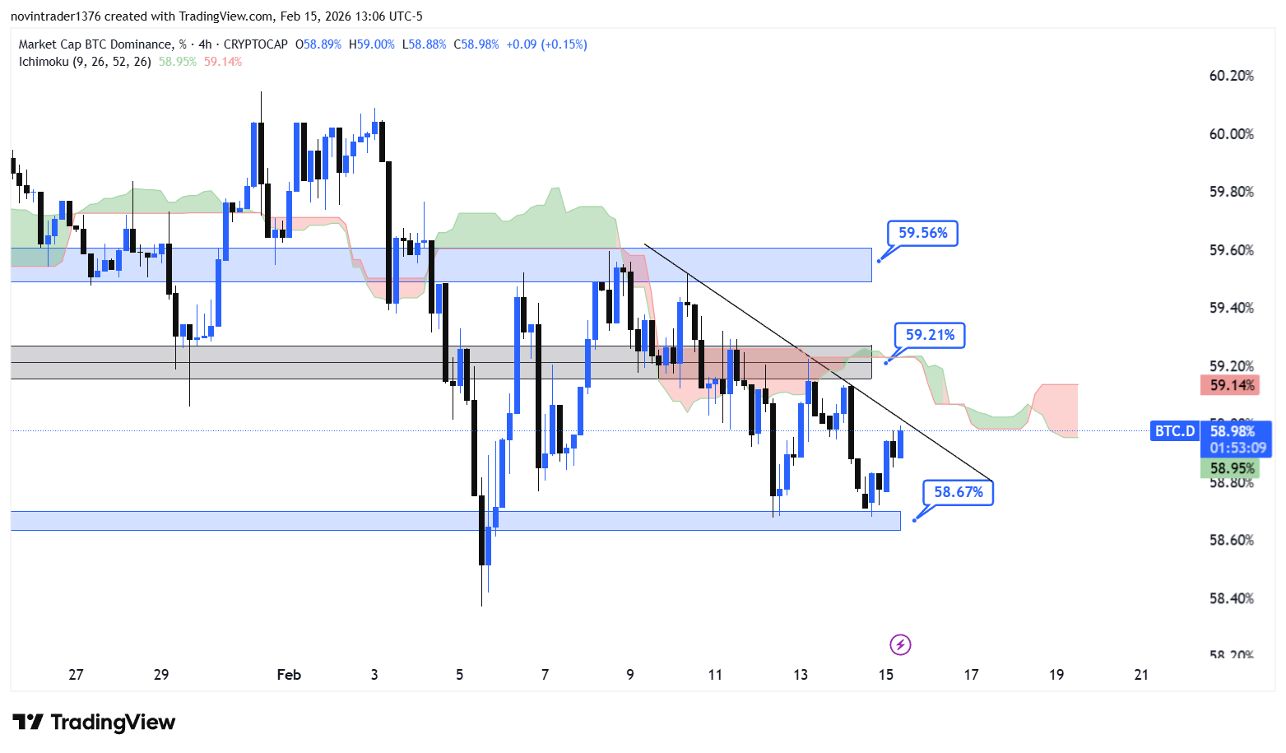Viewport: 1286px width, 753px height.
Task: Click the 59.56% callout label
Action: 922,233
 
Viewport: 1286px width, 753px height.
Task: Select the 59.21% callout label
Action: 930,335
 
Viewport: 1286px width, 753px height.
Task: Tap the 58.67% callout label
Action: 958,492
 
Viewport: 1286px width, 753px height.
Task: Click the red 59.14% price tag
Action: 1232,385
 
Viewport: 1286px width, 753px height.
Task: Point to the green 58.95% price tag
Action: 1232,468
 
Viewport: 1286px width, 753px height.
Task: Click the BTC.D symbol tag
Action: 1174,431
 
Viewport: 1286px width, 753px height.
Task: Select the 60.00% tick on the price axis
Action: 1231,134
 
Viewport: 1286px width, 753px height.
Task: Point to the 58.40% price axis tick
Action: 1231,598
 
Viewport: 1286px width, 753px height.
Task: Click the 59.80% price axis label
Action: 1231,192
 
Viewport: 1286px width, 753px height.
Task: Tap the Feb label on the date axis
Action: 289,675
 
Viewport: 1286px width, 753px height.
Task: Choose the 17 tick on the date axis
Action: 971,675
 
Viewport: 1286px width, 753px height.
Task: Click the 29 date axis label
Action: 161,675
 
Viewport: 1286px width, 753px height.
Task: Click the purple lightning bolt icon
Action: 900,644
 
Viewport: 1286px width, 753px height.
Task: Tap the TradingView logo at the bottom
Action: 94,723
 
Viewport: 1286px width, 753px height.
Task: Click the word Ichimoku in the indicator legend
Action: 44,62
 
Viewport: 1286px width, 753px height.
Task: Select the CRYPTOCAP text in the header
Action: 255,44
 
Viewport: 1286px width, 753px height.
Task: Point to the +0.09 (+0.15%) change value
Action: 546,44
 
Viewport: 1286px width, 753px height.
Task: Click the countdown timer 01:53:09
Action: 1237,448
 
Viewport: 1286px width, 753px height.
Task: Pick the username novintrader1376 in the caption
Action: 55,16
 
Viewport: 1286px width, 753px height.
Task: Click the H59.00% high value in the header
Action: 371,44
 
